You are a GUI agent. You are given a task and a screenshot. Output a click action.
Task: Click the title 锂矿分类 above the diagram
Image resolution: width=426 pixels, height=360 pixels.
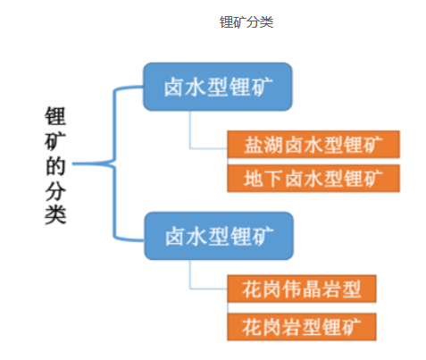point(246,22)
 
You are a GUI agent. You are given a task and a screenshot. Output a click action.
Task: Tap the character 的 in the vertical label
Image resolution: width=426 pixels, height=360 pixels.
point(55,165)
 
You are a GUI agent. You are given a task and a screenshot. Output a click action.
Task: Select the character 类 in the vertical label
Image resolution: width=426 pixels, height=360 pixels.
point(55,214)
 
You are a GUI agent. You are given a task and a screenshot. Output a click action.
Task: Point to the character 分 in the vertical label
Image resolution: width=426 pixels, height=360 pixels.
point(55,190)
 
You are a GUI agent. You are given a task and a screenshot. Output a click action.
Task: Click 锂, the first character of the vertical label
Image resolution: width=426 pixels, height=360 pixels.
point(55,116)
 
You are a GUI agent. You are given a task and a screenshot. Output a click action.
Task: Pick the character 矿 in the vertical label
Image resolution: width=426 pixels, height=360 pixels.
point(55,141)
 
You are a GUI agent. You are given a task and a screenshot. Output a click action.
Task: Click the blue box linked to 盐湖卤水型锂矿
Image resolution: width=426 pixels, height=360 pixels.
point(218,87)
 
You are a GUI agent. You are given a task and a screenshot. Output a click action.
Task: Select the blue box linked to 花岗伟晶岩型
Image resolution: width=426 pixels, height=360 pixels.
point(219,236)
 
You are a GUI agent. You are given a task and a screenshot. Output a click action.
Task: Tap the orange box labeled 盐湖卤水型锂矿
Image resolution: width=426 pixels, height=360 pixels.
point(313,145)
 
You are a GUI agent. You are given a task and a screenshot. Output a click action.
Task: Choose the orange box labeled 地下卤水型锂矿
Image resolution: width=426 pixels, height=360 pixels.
point(313,178)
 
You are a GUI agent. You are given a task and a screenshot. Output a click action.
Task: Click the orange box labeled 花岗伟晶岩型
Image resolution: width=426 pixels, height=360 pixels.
point(302,289)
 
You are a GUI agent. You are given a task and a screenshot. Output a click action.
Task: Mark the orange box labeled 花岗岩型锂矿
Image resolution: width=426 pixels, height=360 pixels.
point(302,327)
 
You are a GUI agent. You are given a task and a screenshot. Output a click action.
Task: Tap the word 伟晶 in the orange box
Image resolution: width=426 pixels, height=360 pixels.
point(302,289)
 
